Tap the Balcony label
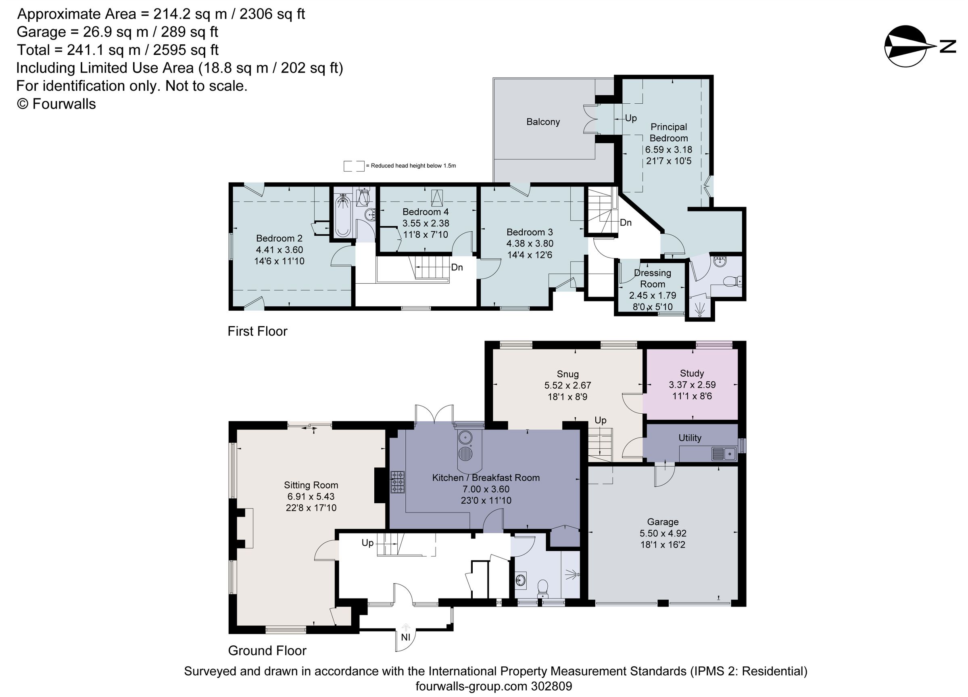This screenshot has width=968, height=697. [543, 122]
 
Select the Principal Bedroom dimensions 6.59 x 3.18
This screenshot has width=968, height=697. [668, 150]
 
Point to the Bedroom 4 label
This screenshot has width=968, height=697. [425, 212]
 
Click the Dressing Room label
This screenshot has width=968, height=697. [652, 278]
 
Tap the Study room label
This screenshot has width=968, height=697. [692, 373]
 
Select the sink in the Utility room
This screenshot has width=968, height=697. [724, 453]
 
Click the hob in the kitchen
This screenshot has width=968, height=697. [397, 482]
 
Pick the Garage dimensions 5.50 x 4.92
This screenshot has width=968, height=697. [662, 533]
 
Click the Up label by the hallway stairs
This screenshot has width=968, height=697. [367, 543]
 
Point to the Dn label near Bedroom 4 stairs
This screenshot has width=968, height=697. [457, 267]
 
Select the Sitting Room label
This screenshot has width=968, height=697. [311, 485]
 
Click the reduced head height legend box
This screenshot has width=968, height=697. [354, 166]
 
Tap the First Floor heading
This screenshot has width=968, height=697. [257, 331]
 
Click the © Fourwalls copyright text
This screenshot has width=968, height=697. [56, 104]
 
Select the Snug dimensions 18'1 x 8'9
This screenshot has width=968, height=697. [567, 397]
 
